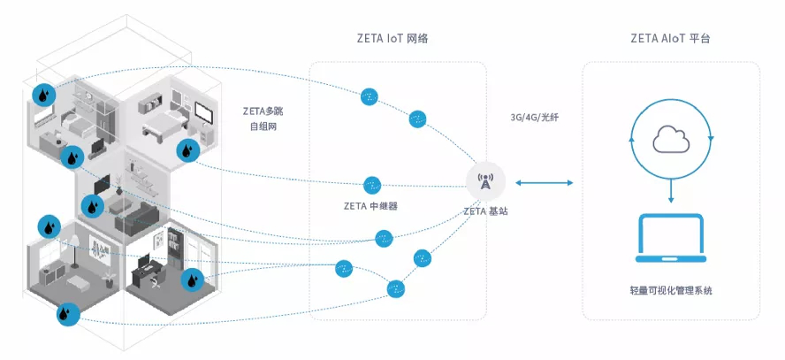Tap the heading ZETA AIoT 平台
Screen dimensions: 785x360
tap(670, 38)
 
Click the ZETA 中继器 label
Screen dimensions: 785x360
tap(371, 206)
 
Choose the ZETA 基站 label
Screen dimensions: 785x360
tap(485, 211)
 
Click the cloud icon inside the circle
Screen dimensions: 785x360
tap(671, 139)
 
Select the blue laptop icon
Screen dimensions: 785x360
tap(671, 238)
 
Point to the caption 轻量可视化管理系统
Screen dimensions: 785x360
tap(671, 290)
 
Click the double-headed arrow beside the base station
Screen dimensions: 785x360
tap(545, 183)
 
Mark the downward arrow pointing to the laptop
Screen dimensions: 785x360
tap(671, 191)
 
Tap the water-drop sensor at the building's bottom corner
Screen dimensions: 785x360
tap(69, 314)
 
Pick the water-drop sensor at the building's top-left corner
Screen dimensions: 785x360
tap(44, 95)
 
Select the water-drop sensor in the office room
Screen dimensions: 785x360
tap(192, 280)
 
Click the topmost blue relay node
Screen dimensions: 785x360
tap(370, 96)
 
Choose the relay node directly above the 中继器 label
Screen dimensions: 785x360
tap(372, 185)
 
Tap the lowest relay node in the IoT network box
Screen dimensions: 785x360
tap(395, 288)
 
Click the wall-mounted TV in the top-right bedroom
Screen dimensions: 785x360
tap(203, 113)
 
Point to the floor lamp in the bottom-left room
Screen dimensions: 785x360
tap(74, 250)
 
